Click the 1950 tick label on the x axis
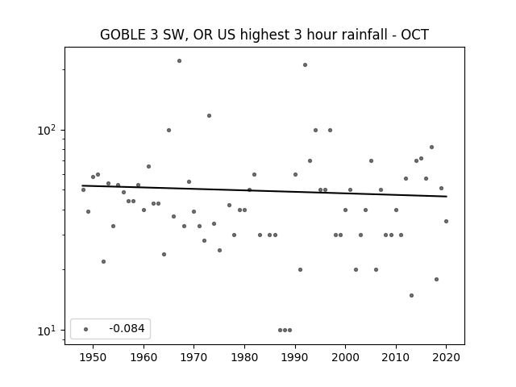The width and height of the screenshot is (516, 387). [x=93, y=357]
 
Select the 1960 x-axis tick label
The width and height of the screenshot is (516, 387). [x=144, y=357]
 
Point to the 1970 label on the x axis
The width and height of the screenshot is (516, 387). [x=193, y=357]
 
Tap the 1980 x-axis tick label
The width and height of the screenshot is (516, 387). [x=244, y=357]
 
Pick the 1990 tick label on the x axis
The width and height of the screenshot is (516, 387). [x=295, y=357]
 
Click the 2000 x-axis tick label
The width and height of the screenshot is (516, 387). [x=345, y=357]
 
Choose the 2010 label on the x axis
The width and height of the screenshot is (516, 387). [x=396, y=357]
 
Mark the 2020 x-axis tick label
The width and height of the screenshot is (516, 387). [x=446, y=357]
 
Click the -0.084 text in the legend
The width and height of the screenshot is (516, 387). [x=127, y=328]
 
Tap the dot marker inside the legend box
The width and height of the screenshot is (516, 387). [x=85, y=329]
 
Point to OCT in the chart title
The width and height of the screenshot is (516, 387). [x=414, y=35]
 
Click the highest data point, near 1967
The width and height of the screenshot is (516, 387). [x=179, y=61]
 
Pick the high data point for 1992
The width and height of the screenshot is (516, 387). [x=305, y=64]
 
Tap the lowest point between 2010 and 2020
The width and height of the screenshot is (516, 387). [x=411, y=296]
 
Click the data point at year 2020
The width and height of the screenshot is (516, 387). [x=446, y=221]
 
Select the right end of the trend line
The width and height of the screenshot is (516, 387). [x=447, y=197]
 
